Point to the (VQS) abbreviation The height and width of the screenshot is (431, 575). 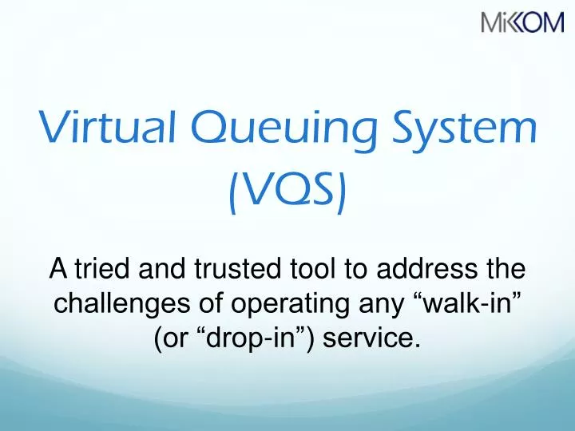287,194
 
